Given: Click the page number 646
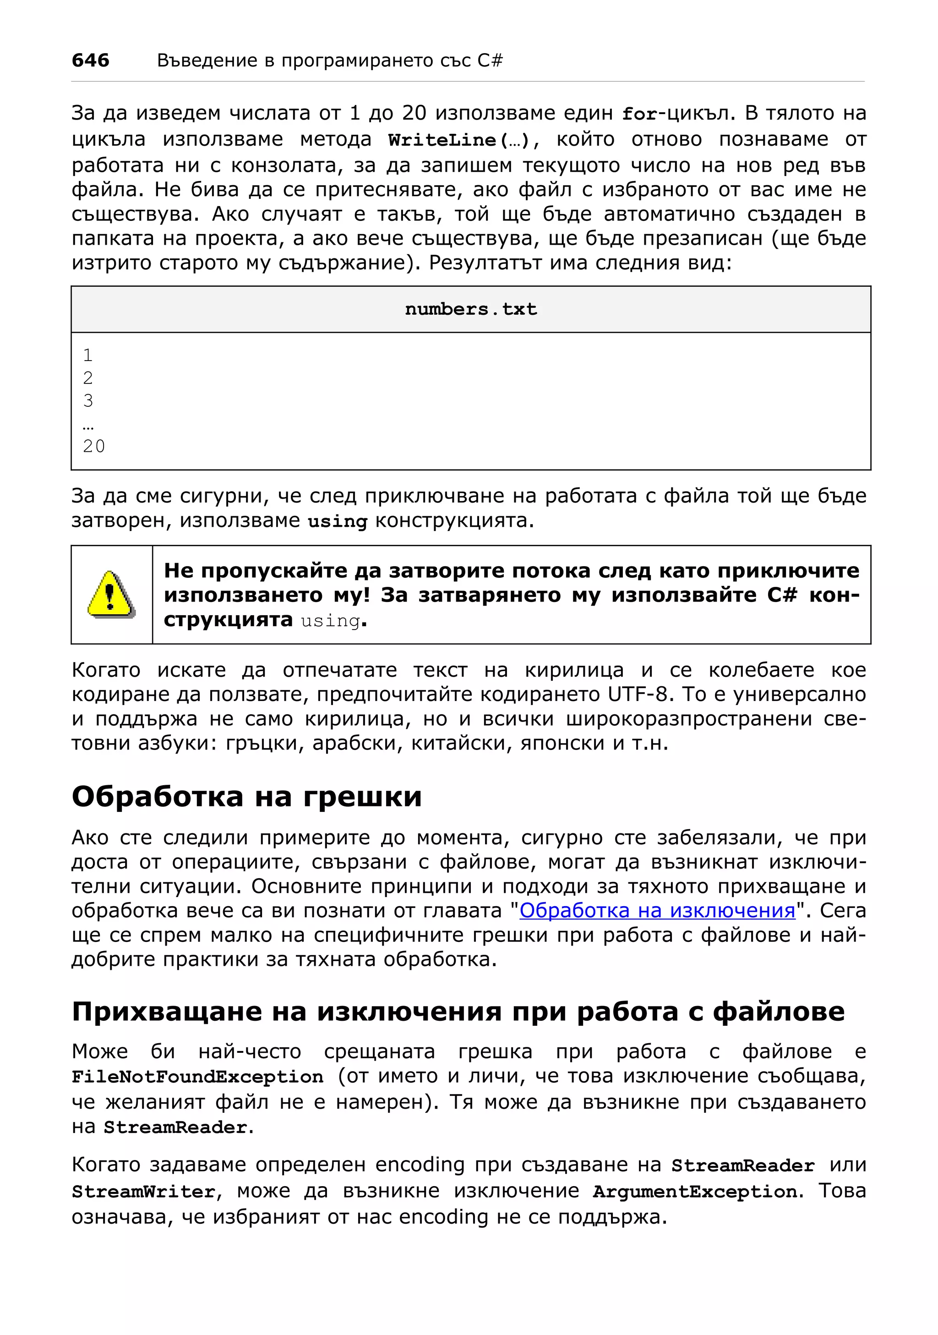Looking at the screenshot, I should tap(90, 60).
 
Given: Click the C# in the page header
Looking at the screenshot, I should tap(489, 60).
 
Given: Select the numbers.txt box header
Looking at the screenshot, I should tap(470, 309).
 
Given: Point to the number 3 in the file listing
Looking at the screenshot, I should tap(88, 400).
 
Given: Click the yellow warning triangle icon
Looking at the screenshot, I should tap(110, 594).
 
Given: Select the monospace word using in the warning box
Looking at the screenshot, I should tap(330, 620).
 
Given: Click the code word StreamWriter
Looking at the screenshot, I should tap(143, 1192).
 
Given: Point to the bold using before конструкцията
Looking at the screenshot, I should tap(337, 521).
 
